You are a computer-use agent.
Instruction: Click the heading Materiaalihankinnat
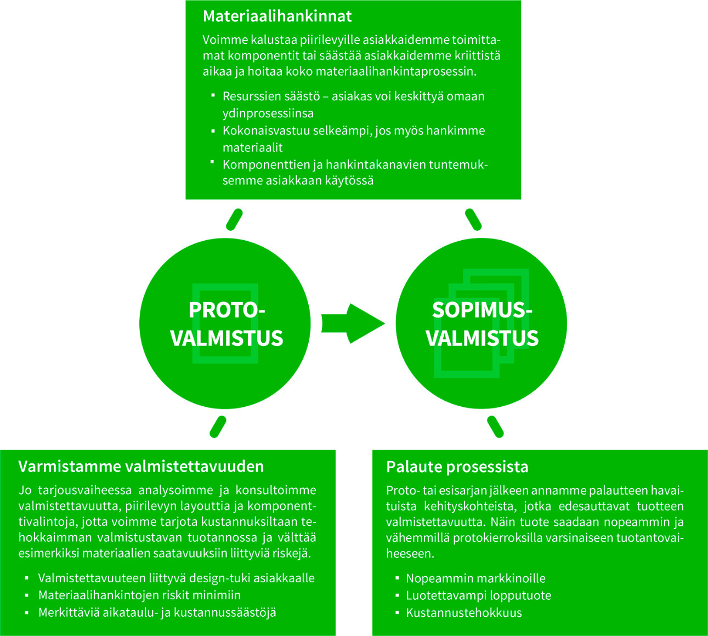point(277,16)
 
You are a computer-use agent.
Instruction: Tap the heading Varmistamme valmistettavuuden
point(141,467)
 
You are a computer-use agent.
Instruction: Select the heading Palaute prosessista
point(457,467)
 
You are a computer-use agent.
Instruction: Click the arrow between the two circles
point(352,323)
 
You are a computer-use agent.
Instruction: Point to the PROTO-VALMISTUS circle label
point(226,324)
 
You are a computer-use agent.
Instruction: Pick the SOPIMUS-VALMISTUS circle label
point(482,324)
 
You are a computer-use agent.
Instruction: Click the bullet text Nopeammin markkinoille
point(475,578)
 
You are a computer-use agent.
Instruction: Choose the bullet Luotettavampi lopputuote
point(478,595)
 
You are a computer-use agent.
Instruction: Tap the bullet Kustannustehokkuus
point(463,613)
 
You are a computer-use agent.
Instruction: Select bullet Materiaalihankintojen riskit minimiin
point(139,595)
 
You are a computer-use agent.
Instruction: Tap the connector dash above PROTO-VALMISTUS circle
point(235,219)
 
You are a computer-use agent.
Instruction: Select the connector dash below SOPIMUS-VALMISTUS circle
point(495,427)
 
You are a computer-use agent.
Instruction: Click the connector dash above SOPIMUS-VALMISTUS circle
point(473,219)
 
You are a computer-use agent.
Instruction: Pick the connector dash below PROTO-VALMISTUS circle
point(218,427)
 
